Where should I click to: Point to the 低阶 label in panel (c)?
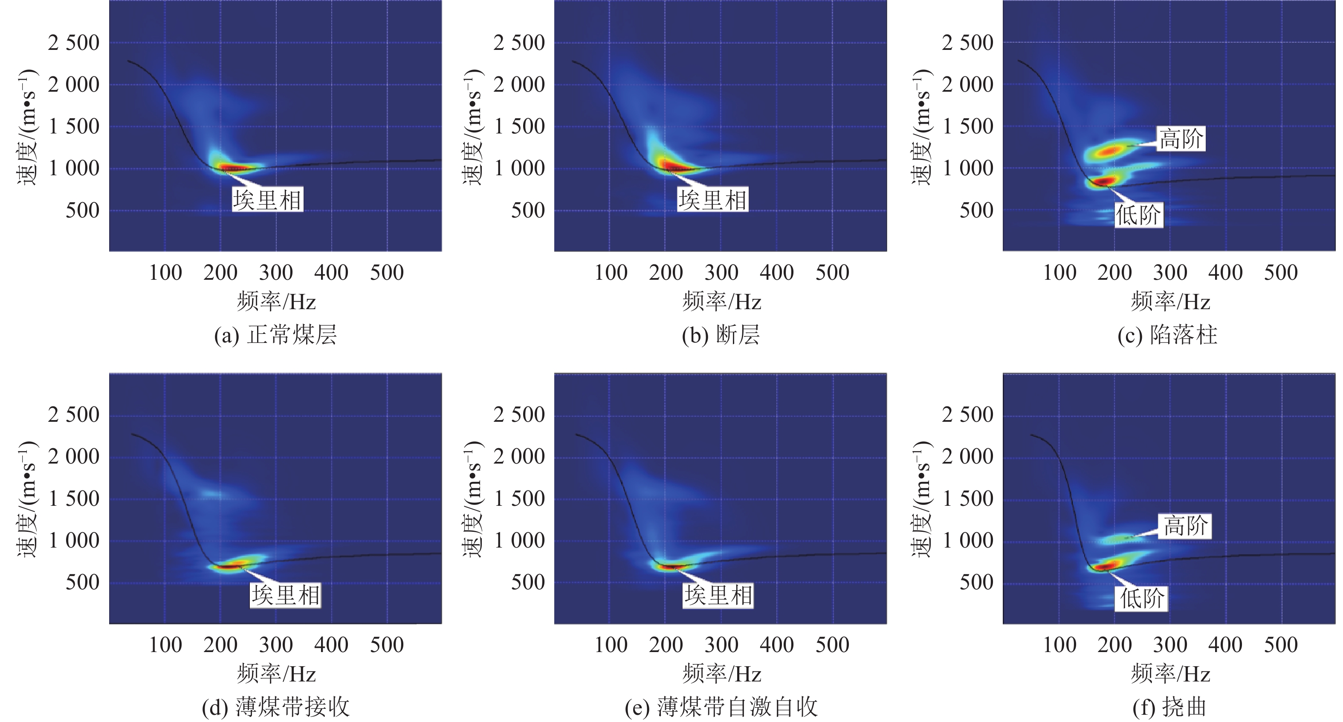(1138, 215)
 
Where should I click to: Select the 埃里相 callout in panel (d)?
(286, 595)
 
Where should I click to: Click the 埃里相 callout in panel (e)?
(718, 595)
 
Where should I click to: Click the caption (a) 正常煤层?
(275, 335)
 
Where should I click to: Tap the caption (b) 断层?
(721, 335)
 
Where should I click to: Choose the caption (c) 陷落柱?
(1167, 335)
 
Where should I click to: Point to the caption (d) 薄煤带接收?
(275, 708)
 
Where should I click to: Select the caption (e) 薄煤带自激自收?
(721, 708)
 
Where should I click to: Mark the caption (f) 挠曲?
(1169, 708)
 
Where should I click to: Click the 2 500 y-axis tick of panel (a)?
(73, 43)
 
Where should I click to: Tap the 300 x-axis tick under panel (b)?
(721, 273)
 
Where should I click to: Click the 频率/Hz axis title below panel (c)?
(1170, 302)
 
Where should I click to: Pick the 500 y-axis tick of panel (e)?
(528, 582)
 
